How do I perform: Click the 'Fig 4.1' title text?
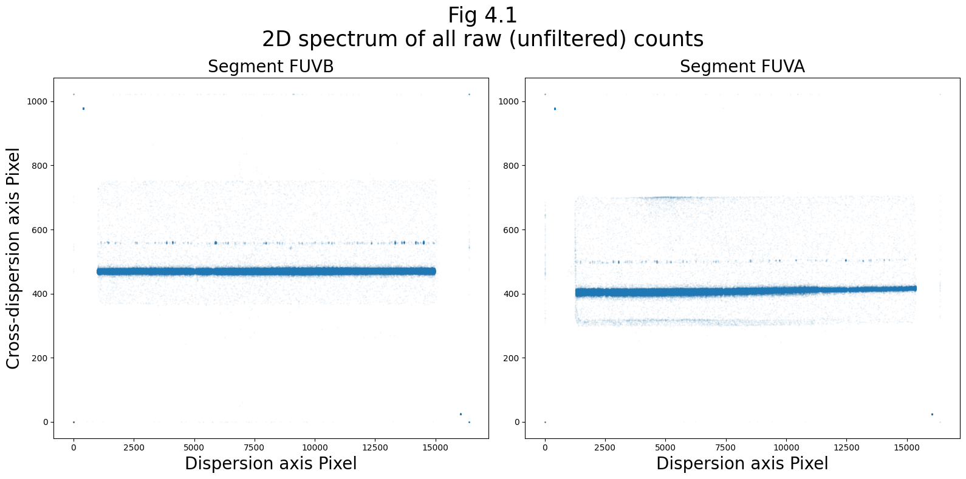tap(482, 15)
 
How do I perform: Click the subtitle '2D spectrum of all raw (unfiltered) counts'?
tap(482, 39)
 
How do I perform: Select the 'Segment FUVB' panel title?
tap(270, 67)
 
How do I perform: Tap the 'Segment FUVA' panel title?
tap(742, 67)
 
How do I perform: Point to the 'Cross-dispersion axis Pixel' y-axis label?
tap(13, 258)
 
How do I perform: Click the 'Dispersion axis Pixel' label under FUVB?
tap(270, 464)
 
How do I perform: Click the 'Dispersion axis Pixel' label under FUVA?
tap(742, 464)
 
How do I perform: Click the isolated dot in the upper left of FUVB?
tap(83, 109)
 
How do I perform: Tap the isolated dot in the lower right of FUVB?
tap(461, 414)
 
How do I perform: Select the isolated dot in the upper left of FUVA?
tap(555, 109)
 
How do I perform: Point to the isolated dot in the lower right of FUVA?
tap(932, 414)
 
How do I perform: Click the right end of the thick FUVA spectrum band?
tap(914, 288)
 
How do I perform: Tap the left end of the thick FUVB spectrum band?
tap(99, 271)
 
